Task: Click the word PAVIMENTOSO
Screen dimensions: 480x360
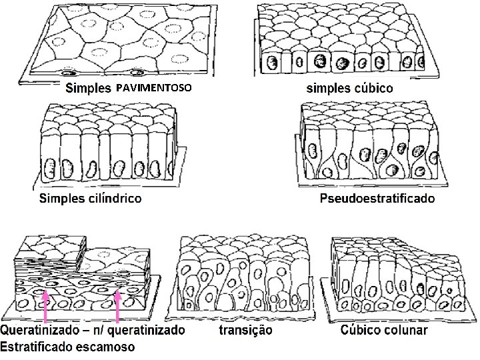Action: (x=153, y=88)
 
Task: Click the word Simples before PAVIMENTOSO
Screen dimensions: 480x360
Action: (x=87, y=88)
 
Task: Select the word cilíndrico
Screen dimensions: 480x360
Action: (x=109, y=198)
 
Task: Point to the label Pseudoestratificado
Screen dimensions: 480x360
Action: (x=377, y=198)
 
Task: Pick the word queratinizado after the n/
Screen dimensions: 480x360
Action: (x=149, y=330)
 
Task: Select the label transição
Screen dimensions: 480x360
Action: (x=245, y=330)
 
